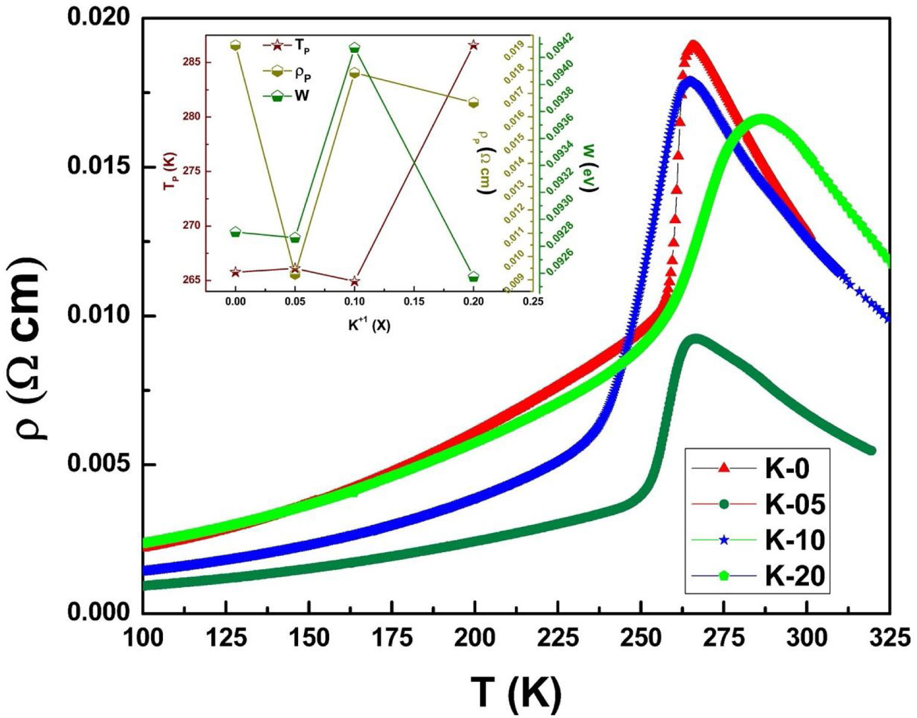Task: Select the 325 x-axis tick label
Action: [889, 638]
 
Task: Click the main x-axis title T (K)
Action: [516, 692]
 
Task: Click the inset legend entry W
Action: [302, 96]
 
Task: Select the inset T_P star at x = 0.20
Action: [474, 45]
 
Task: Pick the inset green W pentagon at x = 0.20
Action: [474, 277]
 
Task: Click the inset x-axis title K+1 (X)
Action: [369, 326]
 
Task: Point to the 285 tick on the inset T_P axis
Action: [194, 62]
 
